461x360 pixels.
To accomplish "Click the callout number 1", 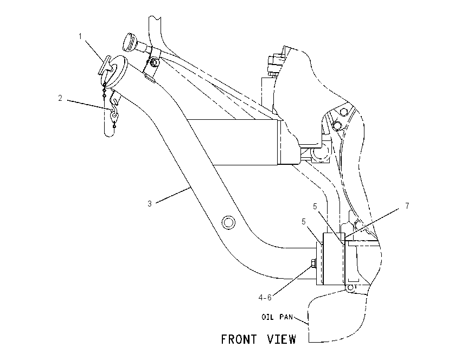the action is point(80,36).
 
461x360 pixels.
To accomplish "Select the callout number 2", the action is point(60,98).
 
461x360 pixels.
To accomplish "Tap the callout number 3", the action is point(150,204).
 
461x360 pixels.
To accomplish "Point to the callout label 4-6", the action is point(265,298).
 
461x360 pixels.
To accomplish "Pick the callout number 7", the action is point(407,206).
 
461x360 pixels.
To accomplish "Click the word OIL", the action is point(267,317).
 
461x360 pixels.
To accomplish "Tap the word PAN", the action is point(286,317).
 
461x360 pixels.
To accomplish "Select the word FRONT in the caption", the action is point(239,339).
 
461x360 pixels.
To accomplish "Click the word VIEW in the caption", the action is point(281,339).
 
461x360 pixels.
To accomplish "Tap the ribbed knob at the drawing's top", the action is point(129,42).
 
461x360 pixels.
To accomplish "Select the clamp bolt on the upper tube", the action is point(153,62).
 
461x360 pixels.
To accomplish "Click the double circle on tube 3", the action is point(228,222).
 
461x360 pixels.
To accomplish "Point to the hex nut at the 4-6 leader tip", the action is point(313,263).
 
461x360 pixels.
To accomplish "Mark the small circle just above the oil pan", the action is point(350,288).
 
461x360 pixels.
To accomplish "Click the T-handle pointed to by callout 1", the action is point(104,66).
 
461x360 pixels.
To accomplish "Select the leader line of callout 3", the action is point(173,195).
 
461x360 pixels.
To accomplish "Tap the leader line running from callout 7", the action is point(372,223).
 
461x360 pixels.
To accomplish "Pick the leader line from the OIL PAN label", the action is point(301,320).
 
